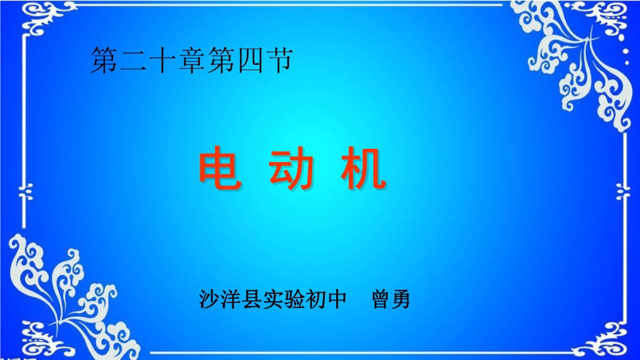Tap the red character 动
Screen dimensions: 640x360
(x=291, y=169)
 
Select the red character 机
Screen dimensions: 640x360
(x=363, y=169)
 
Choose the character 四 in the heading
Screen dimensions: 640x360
(x=250, y=61)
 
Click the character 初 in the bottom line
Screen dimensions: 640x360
(x=316, y=299)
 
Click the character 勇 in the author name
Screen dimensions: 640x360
(x=400, y=299)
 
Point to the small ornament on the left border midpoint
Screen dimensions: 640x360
(x=25, y=192)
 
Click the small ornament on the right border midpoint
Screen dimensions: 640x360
(x=623, y=191)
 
